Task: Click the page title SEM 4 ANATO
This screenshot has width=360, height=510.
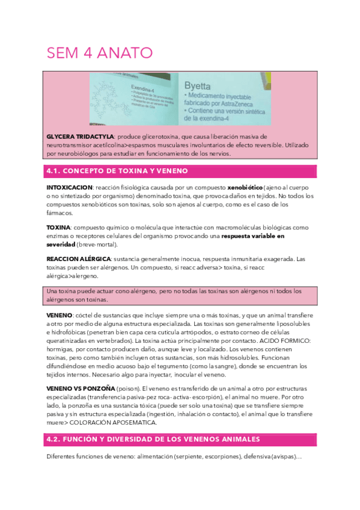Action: (99, 53)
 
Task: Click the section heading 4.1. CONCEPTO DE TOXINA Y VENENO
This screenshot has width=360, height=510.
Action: (117, 171)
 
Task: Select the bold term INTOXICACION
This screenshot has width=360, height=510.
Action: (69, 188)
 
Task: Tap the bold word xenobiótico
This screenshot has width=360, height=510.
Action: (225, 188)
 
